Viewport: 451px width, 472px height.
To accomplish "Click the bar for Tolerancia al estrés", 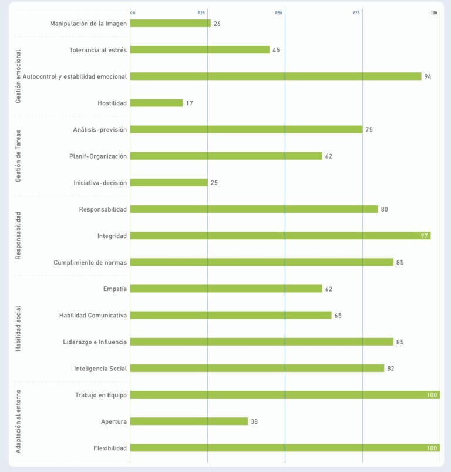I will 200,50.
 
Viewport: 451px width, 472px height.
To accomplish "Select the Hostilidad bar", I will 156,103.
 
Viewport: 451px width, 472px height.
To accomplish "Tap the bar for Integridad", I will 280,236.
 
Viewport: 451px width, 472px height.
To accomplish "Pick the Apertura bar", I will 189,421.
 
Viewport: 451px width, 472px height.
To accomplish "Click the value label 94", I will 428,76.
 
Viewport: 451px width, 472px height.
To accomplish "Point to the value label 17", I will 189,103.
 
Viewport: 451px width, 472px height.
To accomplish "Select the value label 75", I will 369,130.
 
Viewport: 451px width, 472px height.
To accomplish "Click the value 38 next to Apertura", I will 254,421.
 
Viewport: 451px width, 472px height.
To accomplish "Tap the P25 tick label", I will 201,12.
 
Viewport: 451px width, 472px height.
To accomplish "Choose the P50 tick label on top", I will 278,12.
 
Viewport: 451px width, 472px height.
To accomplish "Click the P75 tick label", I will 356,12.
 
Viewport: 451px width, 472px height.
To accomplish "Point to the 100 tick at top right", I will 434,12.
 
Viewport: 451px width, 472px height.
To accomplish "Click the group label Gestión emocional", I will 18,76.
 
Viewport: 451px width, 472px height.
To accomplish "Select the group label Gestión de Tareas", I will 18,156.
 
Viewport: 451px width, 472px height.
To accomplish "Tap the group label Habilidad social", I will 18,329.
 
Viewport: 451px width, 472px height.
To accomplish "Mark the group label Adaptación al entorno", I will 18,421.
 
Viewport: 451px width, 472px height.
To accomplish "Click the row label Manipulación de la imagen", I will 88,24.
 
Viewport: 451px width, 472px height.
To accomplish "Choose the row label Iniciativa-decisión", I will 100,183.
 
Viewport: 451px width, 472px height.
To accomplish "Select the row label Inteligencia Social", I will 100,369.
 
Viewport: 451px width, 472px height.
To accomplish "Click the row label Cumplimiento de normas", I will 90,262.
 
